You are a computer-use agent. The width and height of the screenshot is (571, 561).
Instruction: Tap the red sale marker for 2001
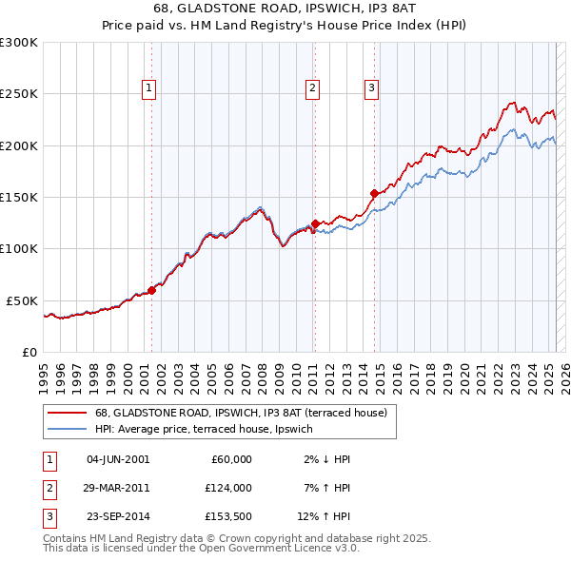pyautogui.click(x=151, y=291)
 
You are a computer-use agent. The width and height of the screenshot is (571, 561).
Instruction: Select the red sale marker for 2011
pyautogui.click(x=315, y=224)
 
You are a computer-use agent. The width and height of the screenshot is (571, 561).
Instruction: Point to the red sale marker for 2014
pyautogui.click(x=374, y=194)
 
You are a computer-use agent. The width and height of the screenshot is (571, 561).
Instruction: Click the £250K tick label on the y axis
pyautogui.click(x=18, y=94)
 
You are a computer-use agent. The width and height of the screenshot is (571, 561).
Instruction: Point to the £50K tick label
pyautogui.click(x=22, y=300)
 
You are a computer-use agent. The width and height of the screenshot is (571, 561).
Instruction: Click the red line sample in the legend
pyautogui.click(x=67, y=414)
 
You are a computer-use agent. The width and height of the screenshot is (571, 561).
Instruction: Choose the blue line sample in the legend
pyautogui.click(x=67, y=429)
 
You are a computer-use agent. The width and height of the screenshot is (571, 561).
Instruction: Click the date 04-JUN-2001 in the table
pyautogui.click(x=118, y=459)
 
